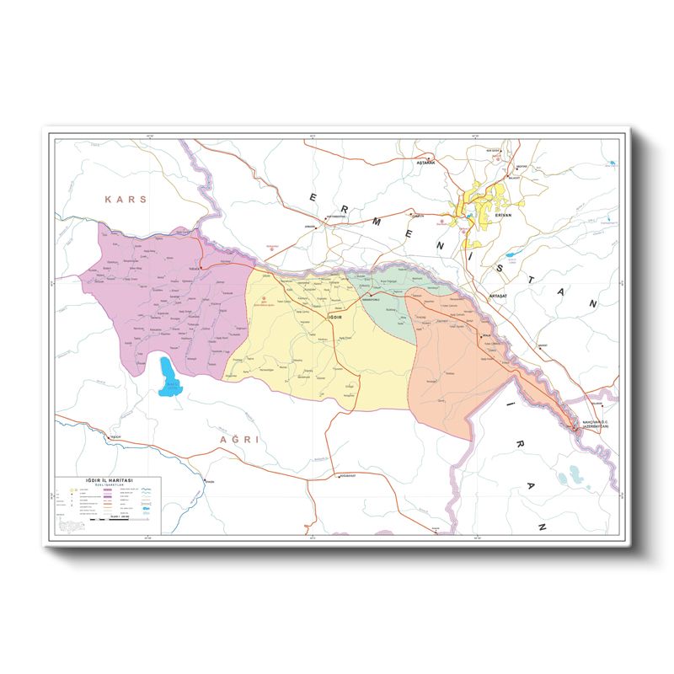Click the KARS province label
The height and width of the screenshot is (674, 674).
(x=126, y=200)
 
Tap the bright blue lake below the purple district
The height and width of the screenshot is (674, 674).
(x=168, y=376)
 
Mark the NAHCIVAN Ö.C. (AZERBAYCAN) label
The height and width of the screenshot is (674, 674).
(x=600, y=424)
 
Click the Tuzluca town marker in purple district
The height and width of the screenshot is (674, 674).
(x=201, y=268)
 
